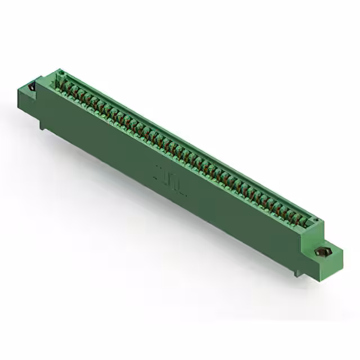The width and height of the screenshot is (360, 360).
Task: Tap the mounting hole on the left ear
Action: pyautogui.click(x=31, y=87)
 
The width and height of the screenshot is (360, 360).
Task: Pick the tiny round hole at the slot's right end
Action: pyautogui.click(x=316, y=220)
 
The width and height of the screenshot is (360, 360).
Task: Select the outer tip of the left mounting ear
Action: pyautogui.click(x=19, y=88)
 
